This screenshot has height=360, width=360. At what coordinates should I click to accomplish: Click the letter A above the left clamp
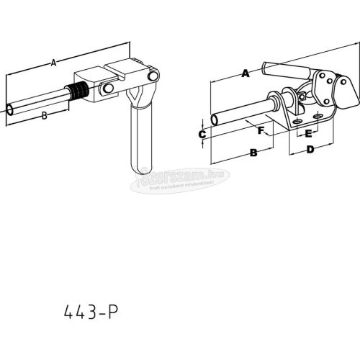point(53,63)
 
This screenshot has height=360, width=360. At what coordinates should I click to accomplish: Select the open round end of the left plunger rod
point(9,109)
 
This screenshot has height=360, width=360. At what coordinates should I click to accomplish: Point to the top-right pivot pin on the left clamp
point(152,77)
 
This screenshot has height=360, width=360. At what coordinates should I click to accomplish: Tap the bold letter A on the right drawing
point(246,72)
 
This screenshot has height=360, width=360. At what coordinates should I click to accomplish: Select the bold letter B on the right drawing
point(253,152)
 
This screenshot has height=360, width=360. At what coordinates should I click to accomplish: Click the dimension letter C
point(202,134)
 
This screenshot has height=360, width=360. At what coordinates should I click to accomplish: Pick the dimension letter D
point(310,150)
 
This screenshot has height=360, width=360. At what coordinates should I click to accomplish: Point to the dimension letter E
point(308,134)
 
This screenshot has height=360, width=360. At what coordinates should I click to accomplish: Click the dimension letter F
point(261,130)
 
